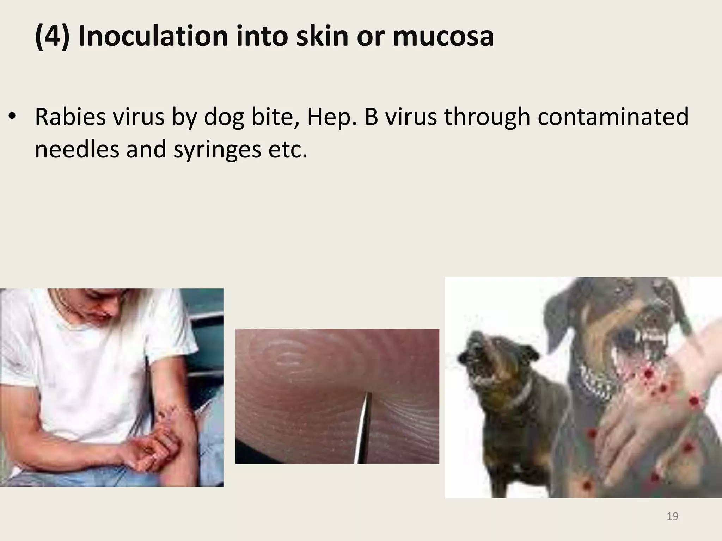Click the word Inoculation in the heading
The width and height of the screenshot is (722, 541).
[154, 36]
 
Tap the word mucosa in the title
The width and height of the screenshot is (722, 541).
[443, 36]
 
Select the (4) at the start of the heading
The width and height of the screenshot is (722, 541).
[52, 36]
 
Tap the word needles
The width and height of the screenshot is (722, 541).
[77, 149]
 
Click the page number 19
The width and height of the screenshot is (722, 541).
[672, 516]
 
